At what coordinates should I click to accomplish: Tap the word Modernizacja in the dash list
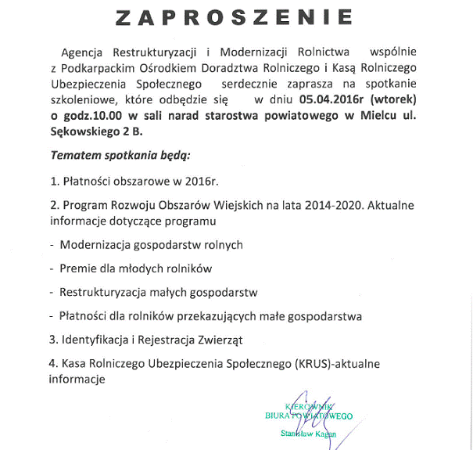pyautogui.click(x=97, y=244)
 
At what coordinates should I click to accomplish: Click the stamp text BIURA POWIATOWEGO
pyautogui.click(x=309, y=416)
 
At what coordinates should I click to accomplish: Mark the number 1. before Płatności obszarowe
pyautogui.click(x=54, y=181)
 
